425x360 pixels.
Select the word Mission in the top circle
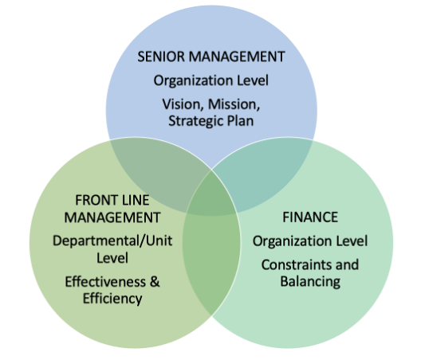[234, 104]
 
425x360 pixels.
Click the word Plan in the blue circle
[240, 121]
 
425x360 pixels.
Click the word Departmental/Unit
[112, 241]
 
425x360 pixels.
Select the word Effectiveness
[105, 282]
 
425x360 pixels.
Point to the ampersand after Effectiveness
[155, 281]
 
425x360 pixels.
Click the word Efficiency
[112, 299]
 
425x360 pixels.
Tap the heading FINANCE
[310, 217]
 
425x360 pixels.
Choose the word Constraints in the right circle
[297, 264]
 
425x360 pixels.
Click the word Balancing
[310, 282]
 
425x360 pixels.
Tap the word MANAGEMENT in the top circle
[237, 57]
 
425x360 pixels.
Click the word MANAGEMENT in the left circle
[112, 217]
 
